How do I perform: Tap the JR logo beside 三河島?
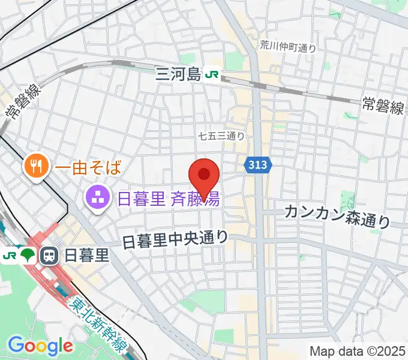(212, 75)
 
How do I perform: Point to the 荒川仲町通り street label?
(288, 46)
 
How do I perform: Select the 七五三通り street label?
(221, 136)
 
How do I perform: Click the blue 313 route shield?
(259, 164)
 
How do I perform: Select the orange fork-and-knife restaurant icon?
(37, 165)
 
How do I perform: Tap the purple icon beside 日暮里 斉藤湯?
(97, 196)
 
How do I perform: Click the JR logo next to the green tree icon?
(10, 256)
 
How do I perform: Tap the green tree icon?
(27, 256)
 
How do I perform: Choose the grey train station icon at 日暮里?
(49, 256)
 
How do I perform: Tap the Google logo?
(40, 346)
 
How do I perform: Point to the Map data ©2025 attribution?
(357, 351)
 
